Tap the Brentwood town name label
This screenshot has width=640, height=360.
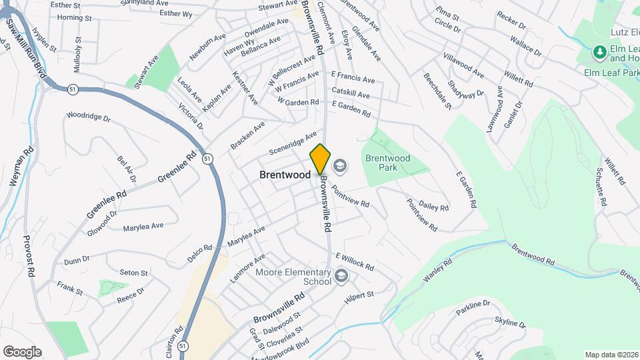[x=285, y=175]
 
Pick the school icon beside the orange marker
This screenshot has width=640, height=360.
[x=340, y=165]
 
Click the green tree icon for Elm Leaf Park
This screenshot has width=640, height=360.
[x=598, y=52]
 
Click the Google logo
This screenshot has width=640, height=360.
[x=22, y=351]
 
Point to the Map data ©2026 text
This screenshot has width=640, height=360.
[x=611, y=355]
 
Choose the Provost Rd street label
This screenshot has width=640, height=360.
[x=29, y=255]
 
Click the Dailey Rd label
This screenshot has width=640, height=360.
[x=434, y=207]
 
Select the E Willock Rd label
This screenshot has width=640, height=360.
[x=355, y=260]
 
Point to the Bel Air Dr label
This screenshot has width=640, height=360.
[x=126, y=169]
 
